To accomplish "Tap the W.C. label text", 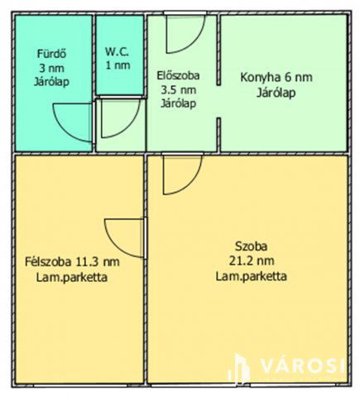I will point(118,50).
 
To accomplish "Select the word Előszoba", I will point(178,76).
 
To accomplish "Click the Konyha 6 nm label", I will point(276,78).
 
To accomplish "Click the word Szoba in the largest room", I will point(251,246).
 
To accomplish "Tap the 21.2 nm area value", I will point(251,261).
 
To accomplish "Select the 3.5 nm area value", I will point(176,89).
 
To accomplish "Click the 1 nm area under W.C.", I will point(118,64).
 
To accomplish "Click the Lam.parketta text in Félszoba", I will point(72,277).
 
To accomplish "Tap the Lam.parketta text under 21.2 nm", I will point(252,276).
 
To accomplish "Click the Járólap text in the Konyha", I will point(276,92).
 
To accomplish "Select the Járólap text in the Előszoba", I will point(177,103).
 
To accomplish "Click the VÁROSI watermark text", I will point(301,366).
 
